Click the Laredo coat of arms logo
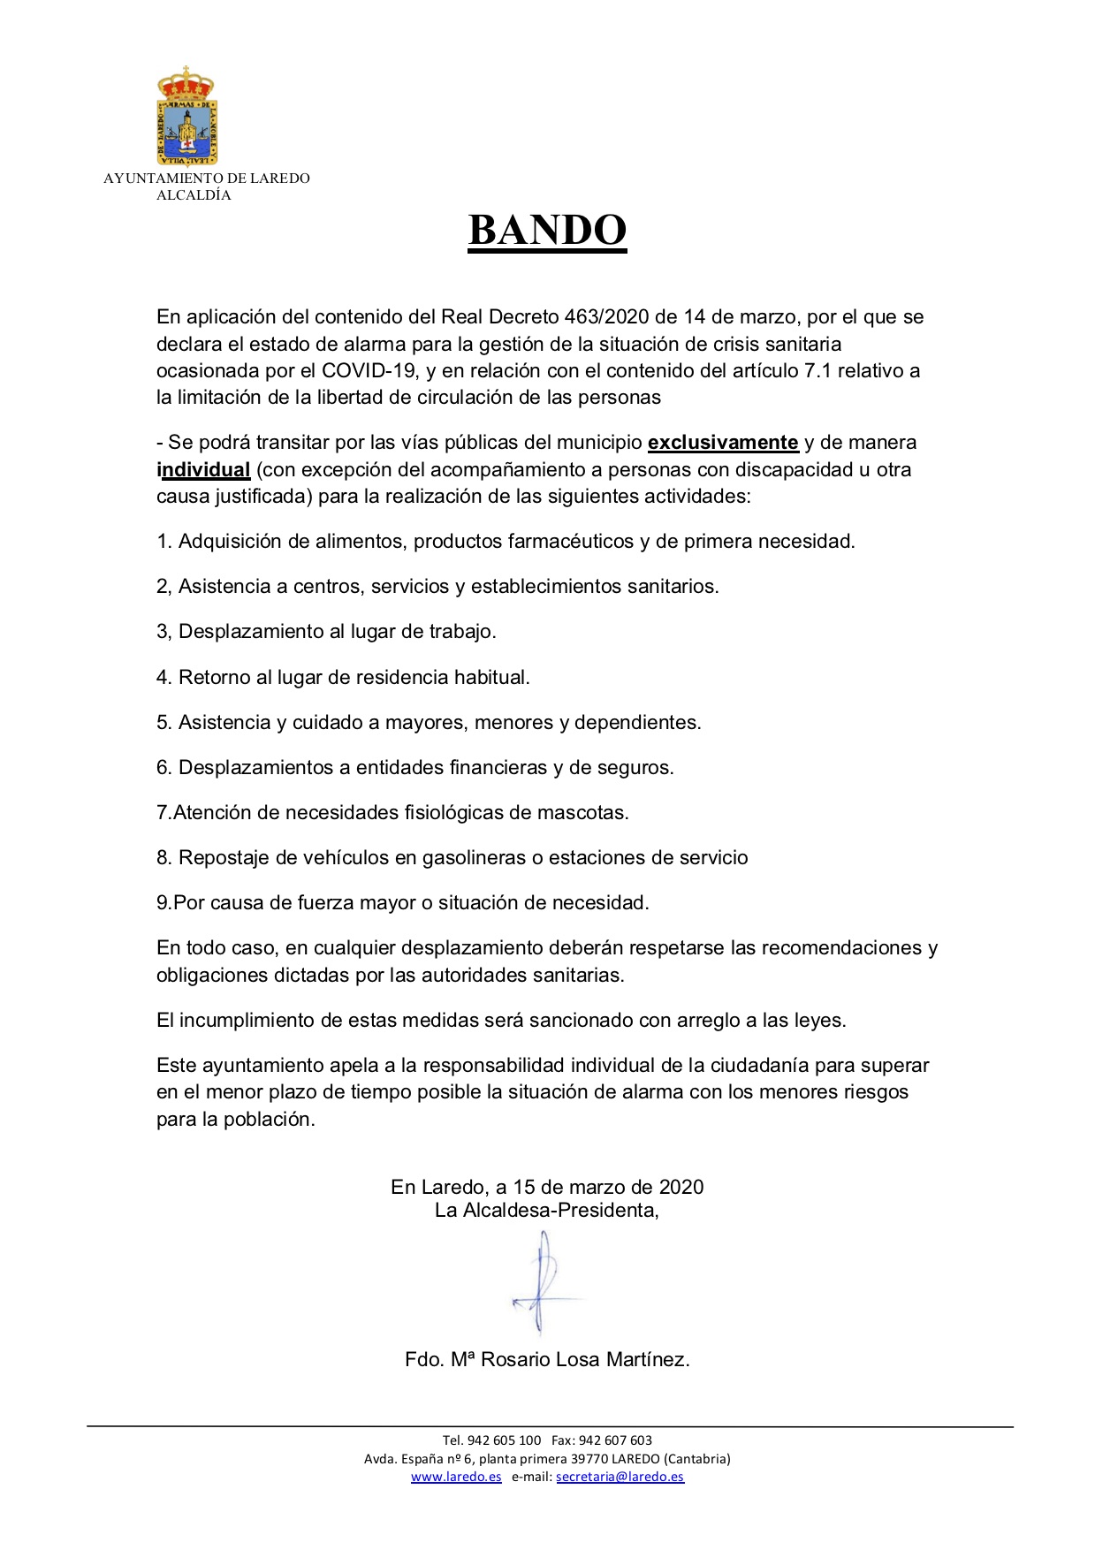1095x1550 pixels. coord(186,116)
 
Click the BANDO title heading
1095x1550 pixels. coord(547,231)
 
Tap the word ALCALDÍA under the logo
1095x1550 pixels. coord(194,195)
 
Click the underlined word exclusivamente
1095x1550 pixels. coord(723,442)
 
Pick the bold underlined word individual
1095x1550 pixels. coord(203,469)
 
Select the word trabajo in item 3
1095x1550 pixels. coord(462,631)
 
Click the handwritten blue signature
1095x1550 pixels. coord(544,1282)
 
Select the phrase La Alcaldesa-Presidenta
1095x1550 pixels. coord(546,1210)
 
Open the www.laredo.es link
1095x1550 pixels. coord(456,1477)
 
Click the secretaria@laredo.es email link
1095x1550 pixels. coord(620,1477)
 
